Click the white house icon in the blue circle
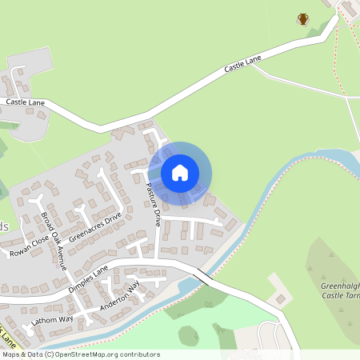point(180,172)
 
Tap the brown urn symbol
point(303,18)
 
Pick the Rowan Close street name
point(29,246)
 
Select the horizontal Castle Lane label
point(26,102)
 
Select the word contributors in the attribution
point(140,354)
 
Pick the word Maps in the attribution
point(10,354)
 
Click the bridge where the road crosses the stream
point(199,276)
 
